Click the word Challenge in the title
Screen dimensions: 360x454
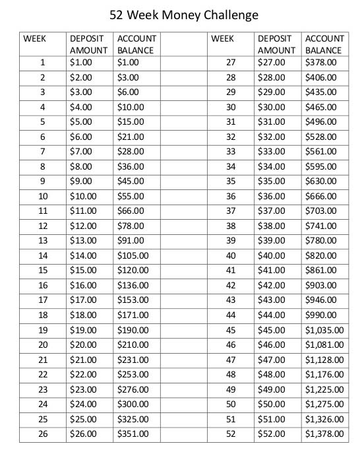click(227, 14)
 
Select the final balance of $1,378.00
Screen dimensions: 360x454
click(324, 434)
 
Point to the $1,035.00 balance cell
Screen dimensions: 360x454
click(324, 329)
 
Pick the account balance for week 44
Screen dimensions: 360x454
click(321, 314)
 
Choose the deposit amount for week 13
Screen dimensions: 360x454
click(82, 240)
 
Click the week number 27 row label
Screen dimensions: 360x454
click(231, 63)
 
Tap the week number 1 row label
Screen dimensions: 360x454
click(42, 63)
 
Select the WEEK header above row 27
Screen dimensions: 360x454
click(222, 38)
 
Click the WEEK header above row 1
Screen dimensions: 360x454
click(34, 38)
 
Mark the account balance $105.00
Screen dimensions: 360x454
click(133, 255)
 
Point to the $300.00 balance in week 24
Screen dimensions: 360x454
click(133, 404)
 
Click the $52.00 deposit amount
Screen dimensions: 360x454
click(271, 434)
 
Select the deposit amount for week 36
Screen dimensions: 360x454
click(271, 196)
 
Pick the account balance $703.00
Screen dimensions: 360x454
click(321, 211)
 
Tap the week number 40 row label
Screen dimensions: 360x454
click(231, 255)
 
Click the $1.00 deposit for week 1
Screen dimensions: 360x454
click(80, 63)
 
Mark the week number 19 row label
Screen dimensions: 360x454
click(43, 329)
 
